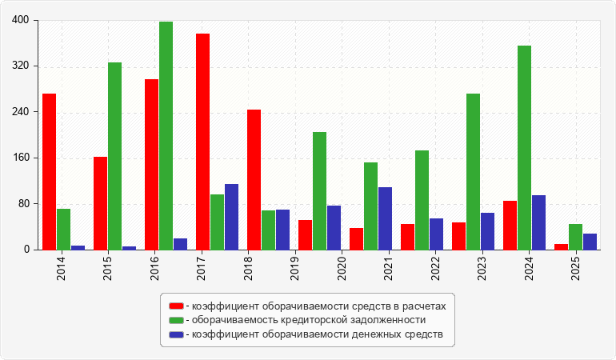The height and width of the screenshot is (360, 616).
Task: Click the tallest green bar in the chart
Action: [166, 135]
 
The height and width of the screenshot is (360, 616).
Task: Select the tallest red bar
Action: [202, 142]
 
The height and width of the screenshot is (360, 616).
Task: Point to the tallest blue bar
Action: [231, 217]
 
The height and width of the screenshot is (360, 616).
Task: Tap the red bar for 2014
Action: [49, 172]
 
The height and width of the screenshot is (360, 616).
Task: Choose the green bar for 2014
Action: [64, 230]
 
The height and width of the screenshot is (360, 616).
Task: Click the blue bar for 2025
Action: [590, 242]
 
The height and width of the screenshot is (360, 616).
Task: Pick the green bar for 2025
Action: [575, 237]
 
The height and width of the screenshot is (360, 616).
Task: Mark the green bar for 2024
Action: [525, 148]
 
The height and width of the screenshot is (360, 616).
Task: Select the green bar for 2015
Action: [114, 156]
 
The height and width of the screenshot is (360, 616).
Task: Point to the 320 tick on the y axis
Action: [21, 66]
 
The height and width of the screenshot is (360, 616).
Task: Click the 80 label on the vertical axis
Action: [23, 203]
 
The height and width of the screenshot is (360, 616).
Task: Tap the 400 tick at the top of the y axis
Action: [21, 20]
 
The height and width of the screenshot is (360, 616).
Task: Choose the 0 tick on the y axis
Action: [26, 250]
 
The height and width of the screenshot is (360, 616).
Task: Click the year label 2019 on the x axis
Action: [294, 269]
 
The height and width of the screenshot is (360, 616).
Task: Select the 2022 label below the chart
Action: [435, 269]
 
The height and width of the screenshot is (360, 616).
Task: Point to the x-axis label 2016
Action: [154, 269]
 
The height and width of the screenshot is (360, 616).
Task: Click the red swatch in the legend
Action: [176, 306]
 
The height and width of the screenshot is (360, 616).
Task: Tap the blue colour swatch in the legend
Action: [176, 334]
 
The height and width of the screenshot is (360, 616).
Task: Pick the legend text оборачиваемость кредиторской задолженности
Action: [309, 320]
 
